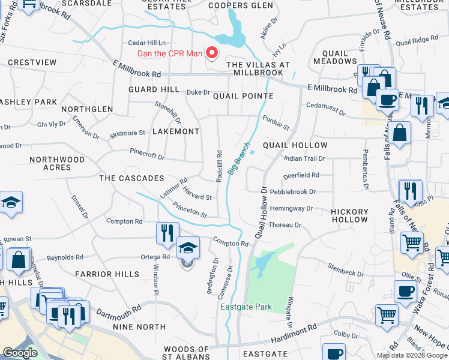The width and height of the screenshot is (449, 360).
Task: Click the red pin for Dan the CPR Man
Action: click(211, 53)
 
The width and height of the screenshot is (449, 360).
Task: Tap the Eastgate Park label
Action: click(246, 307)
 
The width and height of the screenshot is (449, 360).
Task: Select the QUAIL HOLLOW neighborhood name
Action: click(295, 145)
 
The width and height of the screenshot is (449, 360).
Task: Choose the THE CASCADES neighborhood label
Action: click(131, 178)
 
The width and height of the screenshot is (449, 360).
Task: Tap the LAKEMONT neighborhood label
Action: click(175, 131)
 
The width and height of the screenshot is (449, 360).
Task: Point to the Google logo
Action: click(20, 353)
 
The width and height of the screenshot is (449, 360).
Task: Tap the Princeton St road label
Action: click(189, 210)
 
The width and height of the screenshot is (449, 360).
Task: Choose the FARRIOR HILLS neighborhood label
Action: click(107, 274)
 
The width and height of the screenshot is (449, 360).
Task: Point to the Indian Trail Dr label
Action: click(304, 158)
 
